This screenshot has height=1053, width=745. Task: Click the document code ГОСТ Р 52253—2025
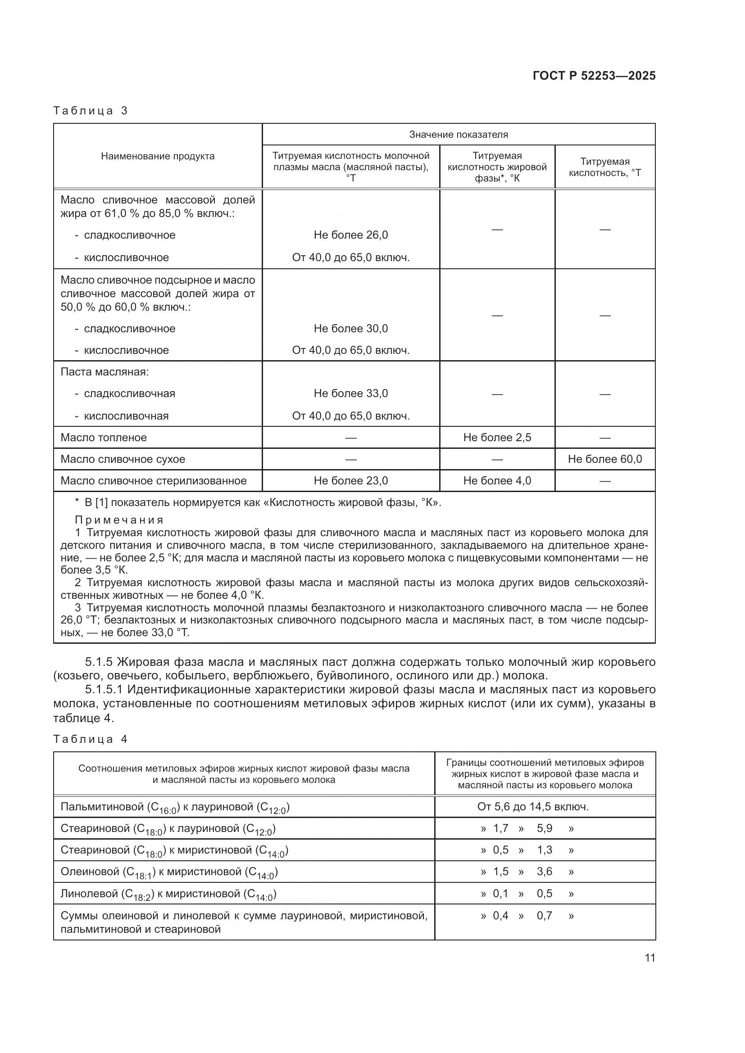point(594,76)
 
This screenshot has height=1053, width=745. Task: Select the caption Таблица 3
point(91,111)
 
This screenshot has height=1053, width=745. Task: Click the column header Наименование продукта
point(157,156)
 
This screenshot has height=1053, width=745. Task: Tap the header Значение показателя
point(458,134)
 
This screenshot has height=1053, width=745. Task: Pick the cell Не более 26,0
point(350,235)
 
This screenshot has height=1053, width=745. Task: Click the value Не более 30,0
point(350,328)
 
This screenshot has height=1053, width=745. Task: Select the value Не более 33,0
point(350,393)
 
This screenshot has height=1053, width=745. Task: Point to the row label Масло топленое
point(104,438)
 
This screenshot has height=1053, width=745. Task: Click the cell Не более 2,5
point(497,438)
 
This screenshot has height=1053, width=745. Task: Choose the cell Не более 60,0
point(604,459)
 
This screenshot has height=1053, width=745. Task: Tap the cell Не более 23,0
point(350,481)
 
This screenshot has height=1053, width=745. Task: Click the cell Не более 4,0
point(497,481)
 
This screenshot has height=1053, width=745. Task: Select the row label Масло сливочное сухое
point(123,459)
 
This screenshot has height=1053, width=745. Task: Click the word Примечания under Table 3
point(119,520)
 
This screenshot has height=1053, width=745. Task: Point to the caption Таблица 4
point(91,739)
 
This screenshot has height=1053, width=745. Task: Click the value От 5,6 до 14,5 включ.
point(532,806)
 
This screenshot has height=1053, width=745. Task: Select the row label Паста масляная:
point(104,372)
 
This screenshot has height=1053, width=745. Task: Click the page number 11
point(650,958)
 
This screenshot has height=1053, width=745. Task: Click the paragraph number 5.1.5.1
point(104,689)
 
